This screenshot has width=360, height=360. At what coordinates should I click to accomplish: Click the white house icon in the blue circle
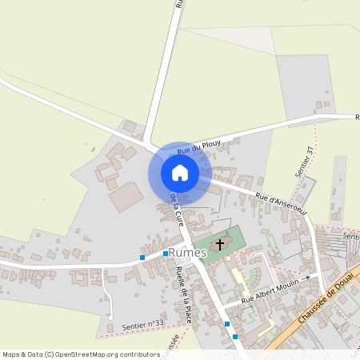[x=180, y=173]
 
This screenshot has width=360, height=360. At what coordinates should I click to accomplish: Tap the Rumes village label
[x=188, y=253]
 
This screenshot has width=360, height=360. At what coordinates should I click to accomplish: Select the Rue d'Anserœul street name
[x=281, y=201]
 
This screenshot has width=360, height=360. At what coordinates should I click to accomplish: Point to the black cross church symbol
[x=220, y=242]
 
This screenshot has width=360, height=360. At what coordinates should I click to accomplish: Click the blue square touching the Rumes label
[x=165, y=253]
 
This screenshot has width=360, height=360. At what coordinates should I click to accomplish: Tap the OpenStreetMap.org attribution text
[x=110, y=354]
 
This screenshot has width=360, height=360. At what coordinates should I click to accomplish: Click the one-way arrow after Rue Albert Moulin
[x=306, y=278]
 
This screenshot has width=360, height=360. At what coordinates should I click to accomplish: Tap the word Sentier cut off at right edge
[x=350, y=236]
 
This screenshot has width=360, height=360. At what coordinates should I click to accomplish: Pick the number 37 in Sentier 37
[x=308, y=150]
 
